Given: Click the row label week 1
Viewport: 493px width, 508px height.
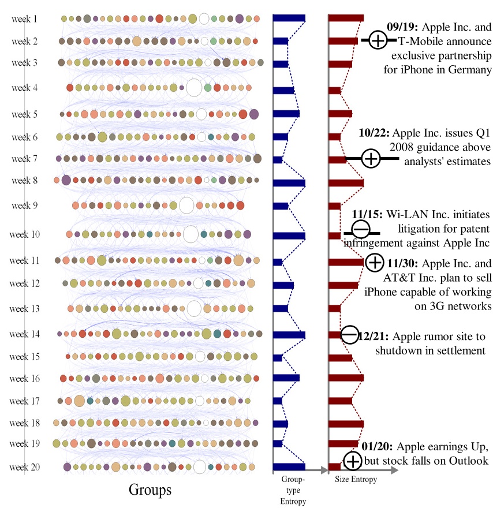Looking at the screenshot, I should tap(24, 19).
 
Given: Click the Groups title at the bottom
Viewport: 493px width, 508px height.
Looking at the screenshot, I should tap(150, 490).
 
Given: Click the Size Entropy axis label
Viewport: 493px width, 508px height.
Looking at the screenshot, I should tap(356, 479).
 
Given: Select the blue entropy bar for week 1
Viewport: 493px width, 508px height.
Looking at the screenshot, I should tap(289, 18).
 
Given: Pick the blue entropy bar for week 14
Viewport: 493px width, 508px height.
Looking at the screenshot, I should tap(289, 334).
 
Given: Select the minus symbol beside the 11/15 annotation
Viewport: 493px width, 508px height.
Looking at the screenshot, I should tap(360, 230).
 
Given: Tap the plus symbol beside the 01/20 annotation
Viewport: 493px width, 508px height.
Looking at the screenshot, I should tap(352, 461).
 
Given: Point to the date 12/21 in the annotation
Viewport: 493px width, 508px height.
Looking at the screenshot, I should tap(374, 337).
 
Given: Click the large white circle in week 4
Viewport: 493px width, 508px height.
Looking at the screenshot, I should tap(194, 88).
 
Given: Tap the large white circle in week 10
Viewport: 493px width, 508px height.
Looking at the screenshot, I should tap(191, 234).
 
